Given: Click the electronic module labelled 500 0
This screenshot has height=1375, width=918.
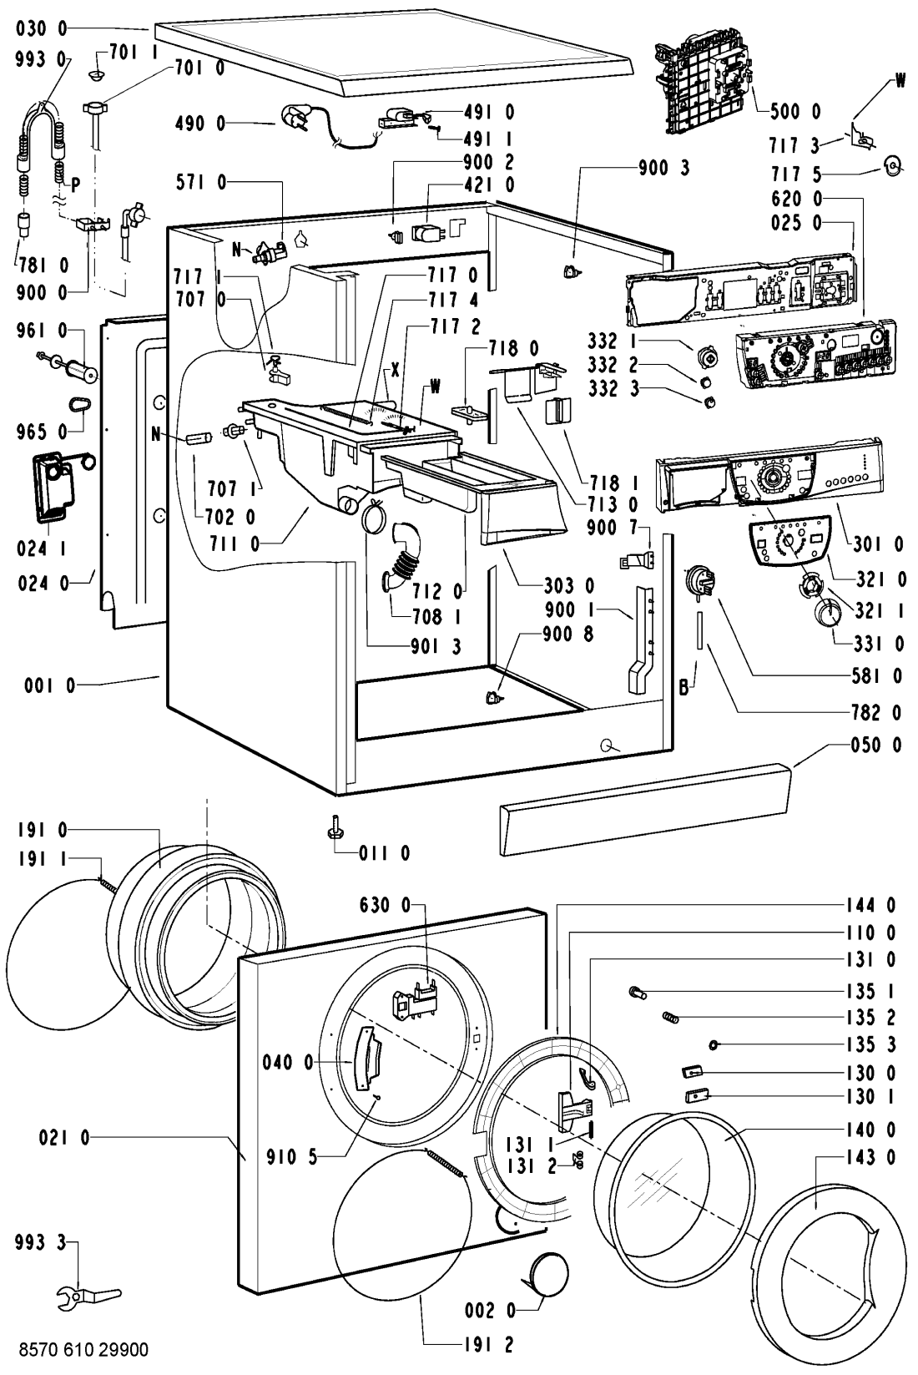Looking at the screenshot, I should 703,83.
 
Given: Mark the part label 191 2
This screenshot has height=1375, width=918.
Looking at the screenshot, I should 490,1344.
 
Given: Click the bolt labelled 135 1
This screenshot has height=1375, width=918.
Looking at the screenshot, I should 638,993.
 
